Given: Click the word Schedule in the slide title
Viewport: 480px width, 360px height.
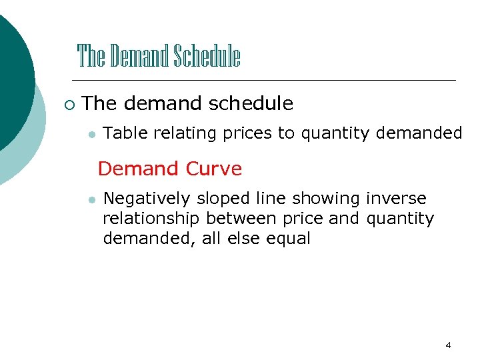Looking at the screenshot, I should (x=207, y=57).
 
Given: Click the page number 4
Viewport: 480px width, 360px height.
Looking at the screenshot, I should (x=448, y=345).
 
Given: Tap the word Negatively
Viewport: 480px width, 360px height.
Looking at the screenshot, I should (x=147, y=199).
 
